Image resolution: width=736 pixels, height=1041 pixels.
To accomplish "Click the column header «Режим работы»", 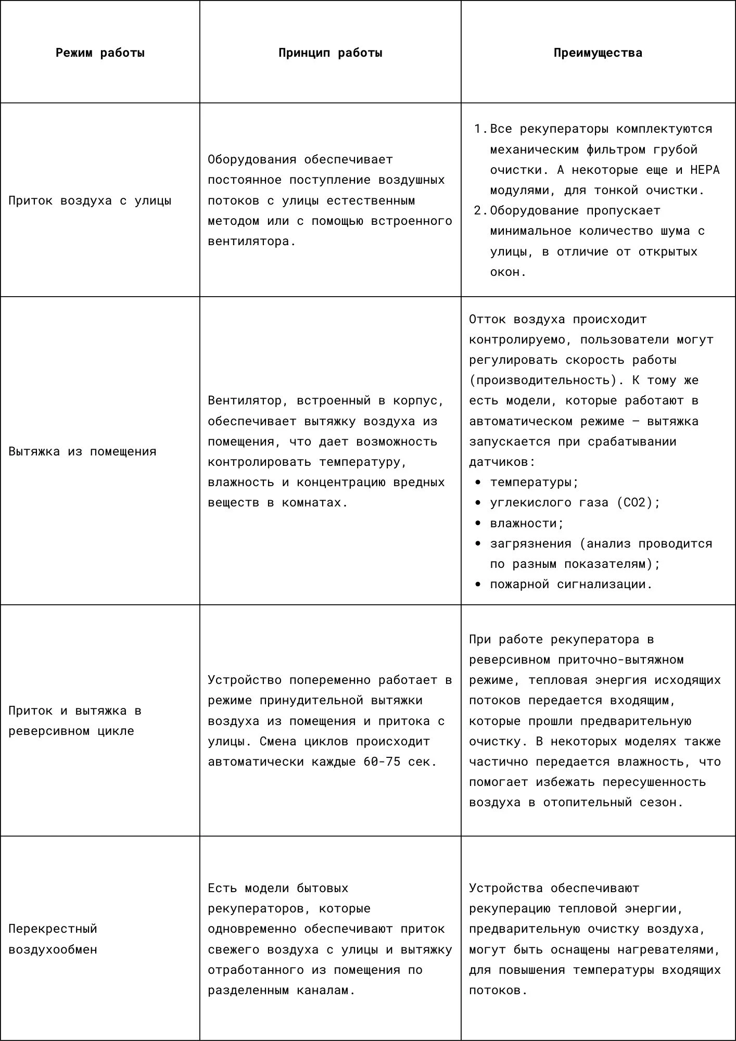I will point(100,53).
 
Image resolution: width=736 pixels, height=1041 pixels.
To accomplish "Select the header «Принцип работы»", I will point(331,53).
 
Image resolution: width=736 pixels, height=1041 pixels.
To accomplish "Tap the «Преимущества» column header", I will point(598,53).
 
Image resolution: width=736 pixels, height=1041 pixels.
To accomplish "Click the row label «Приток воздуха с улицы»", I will point(90,201).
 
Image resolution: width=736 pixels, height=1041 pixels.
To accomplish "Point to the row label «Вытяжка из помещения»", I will point(82,451).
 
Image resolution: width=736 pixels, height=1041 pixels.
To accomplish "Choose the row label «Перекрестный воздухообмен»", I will point(53,939).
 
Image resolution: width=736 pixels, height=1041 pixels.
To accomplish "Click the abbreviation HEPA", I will point(705,170).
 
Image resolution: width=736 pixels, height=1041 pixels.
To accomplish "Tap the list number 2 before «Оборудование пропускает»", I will point(478,211).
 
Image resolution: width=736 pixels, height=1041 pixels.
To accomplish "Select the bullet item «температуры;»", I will point(534,483).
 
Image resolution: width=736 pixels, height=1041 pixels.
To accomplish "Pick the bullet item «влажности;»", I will point(527,523).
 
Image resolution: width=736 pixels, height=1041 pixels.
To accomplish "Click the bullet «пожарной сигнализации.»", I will point(571,585).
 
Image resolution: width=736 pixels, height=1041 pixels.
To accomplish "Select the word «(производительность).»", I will point(546,380).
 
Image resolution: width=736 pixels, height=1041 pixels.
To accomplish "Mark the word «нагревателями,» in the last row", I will point(669,950).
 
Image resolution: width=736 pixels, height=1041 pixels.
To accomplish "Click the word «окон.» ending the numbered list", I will point(509,272).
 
